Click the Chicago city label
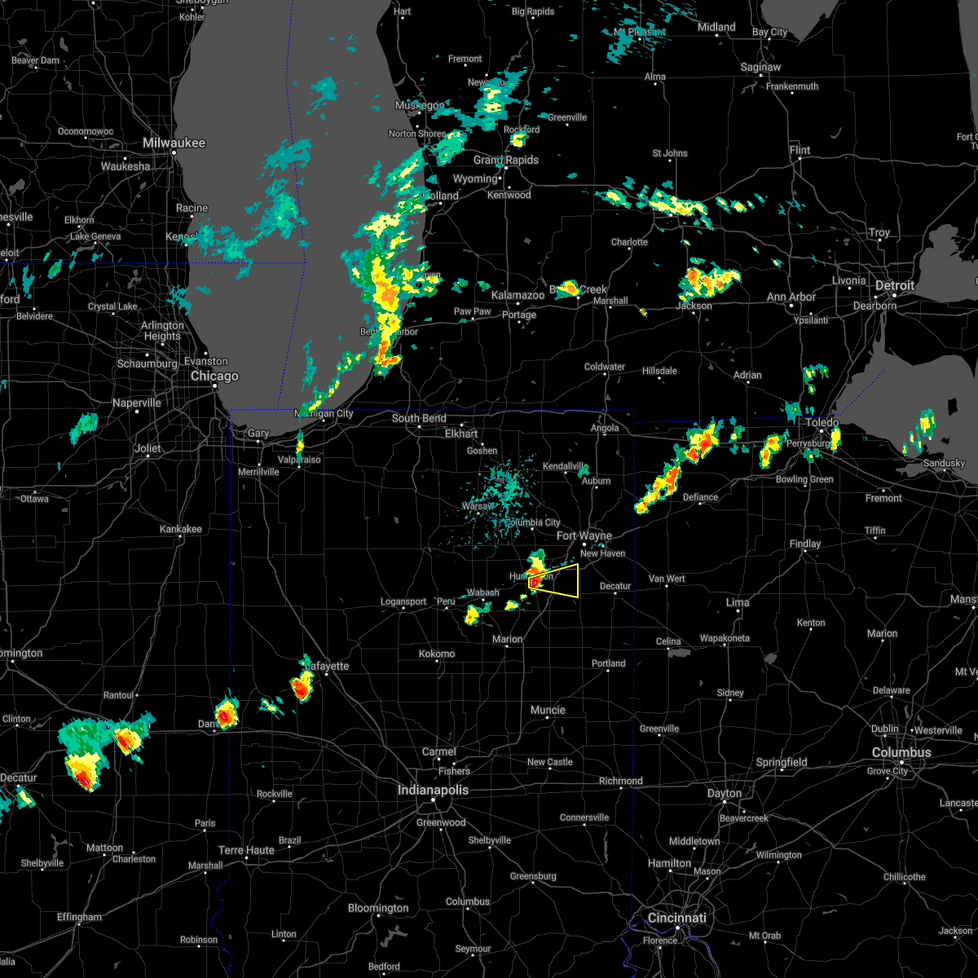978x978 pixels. [214, 377]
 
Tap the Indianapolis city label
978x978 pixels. [433, 791]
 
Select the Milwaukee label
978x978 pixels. [174, 143]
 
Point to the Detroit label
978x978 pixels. [894, 286]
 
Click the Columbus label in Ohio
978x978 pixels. [901, 753]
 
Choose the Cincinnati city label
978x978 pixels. [677, 919]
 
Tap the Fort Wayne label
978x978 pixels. [584, 536]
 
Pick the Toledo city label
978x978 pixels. [822, 423]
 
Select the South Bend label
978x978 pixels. [419, 419]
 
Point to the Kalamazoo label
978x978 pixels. [518, 296]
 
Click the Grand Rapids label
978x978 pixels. [505, 161]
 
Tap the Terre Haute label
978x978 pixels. [247, 851]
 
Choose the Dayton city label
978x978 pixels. [725, 794]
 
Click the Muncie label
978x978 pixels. [548, 711]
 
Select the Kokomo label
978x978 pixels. [437, 654]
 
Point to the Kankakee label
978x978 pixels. [180, 530]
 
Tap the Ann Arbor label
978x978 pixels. [791, 297]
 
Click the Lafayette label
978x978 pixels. [328, 667]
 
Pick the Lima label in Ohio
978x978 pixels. [738, 603]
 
